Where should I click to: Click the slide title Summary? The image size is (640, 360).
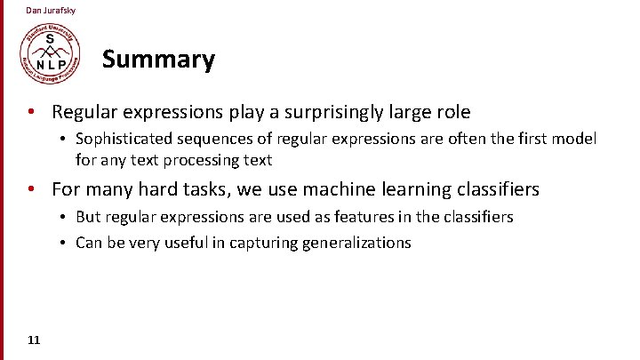pos(158,60)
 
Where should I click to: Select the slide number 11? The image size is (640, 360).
pos(33,340)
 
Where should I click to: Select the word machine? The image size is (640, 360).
pos(338,189)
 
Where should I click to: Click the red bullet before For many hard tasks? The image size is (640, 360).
pos(31,189)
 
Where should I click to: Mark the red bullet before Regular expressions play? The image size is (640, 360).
pos(31,112)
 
